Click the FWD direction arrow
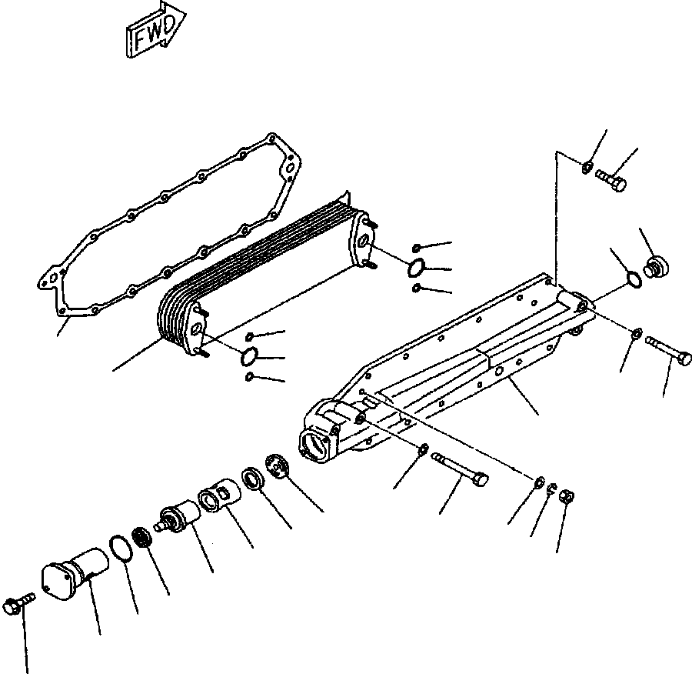pyautogui.click(x=155, y=30)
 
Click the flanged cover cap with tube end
pyautogui.click(x=74, y=573)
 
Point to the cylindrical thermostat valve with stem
pyautogui.click(x=178, y=517)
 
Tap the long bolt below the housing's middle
pyautogui.click(x=460, y=469)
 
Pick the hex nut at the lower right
pyautogui.click(x=566, y=496)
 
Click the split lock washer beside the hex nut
pyautogui.click(x=551, y=489)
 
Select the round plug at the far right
pyautogui.click(x=656, y=267)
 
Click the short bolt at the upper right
pyautogui.click(x=610, y=180)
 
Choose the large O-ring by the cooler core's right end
pyautogui.click(x=416, y=268)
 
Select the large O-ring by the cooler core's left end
pyautogui.click(x=249, y=357)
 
